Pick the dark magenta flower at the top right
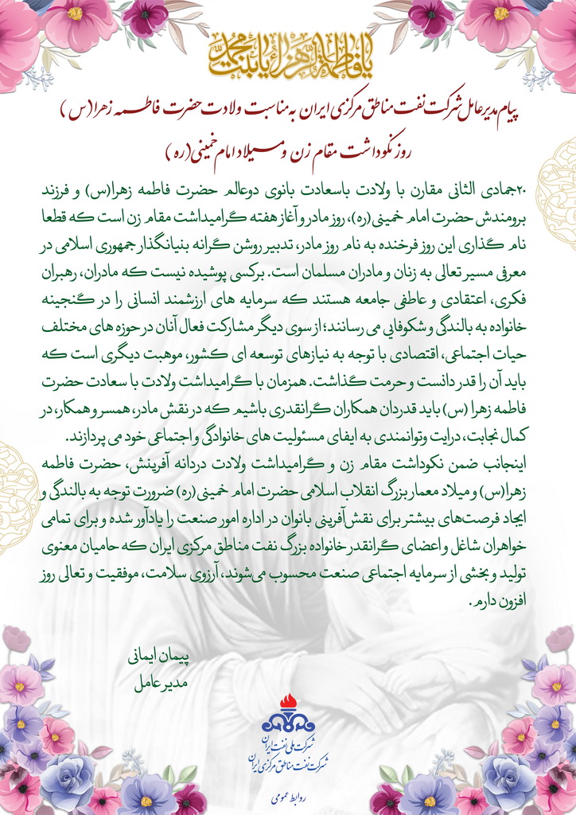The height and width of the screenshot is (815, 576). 430,18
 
